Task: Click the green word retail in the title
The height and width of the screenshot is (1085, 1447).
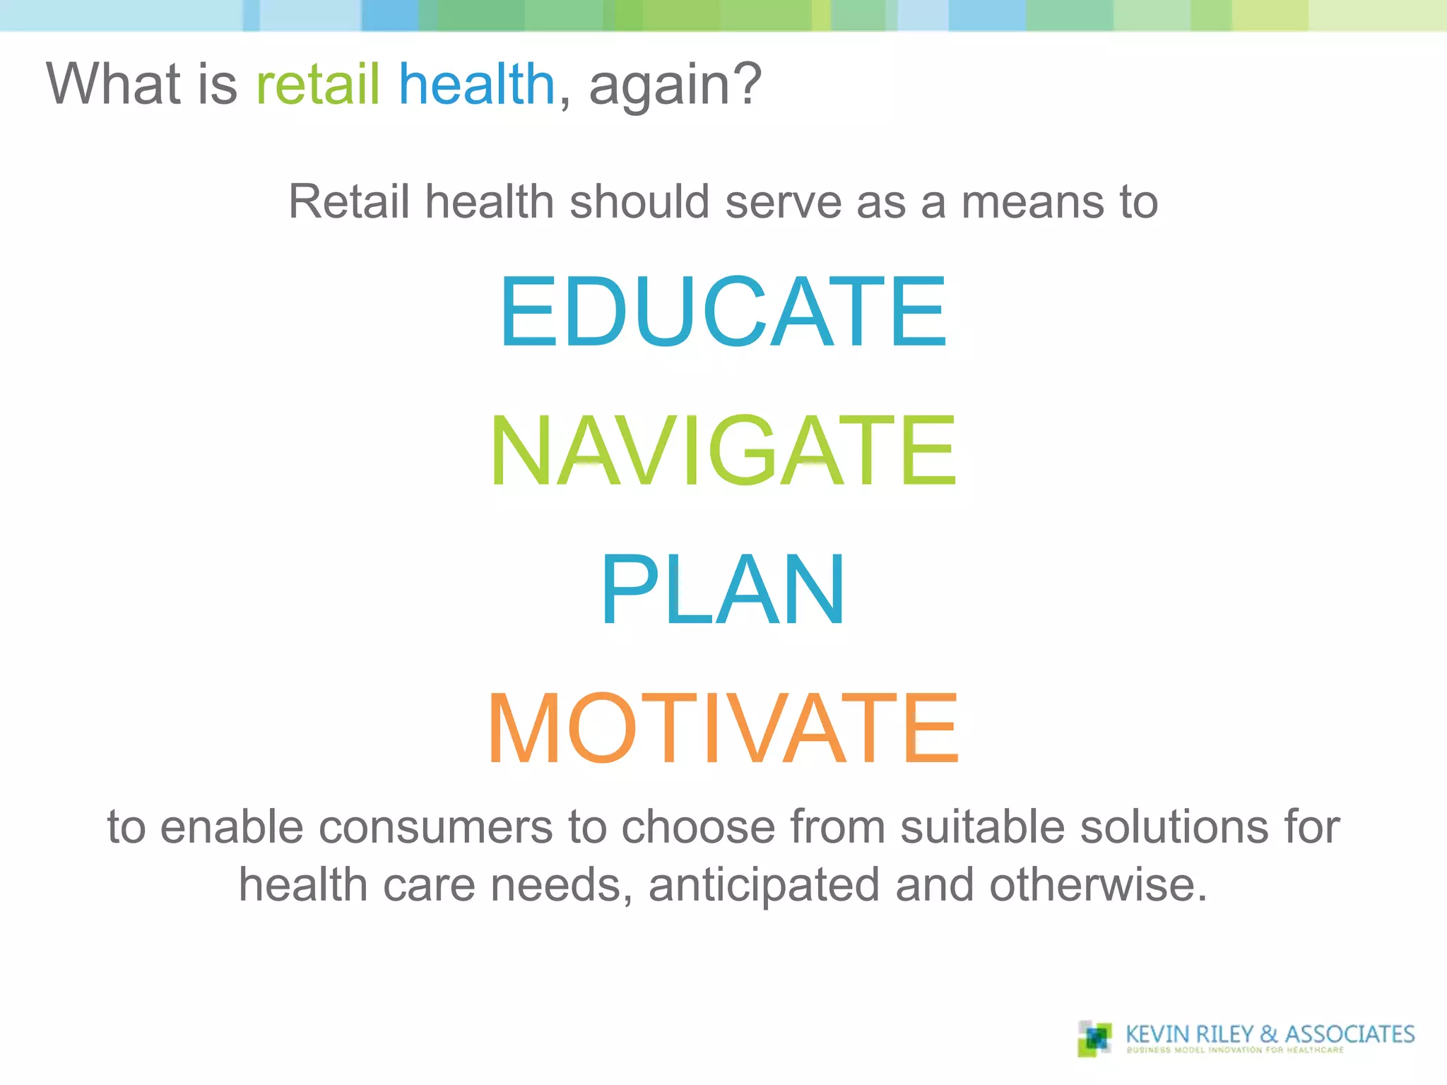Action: (317, 84)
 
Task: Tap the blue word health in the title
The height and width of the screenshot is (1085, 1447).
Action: (477, 84)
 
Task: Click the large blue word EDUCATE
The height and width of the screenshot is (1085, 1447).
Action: (723, 312)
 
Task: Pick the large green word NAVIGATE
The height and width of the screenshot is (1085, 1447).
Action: (723, 451)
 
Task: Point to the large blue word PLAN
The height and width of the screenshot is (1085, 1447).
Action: (723, 590)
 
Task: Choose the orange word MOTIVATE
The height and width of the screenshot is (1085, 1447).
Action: (723, 729)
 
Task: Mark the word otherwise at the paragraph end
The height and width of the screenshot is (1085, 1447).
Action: (1097, 885)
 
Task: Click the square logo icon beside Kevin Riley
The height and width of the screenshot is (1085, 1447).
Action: (1094, 1038)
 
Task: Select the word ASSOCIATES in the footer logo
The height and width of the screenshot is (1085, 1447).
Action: (1349, 1034)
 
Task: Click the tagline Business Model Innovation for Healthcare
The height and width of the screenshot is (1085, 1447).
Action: (1234, 1050)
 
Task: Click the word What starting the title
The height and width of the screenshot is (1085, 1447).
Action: (113, 84)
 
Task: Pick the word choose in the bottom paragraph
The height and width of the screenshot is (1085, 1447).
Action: (697, 826)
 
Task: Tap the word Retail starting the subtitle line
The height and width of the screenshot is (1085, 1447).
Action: (348, 202)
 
